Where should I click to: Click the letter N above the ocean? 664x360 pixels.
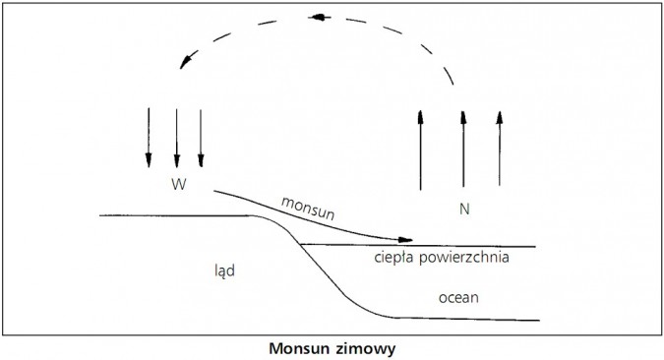(x=463, y=209)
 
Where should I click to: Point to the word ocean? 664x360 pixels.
(x=458, y=295)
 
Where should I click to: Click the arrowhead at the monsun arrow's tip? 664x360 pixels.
(x=404, y=239)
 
